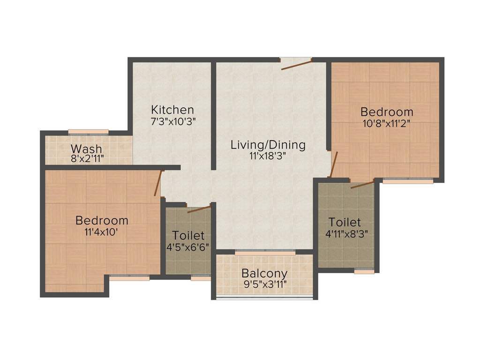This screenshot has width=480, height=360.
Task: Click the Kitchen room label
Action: coord(172,110)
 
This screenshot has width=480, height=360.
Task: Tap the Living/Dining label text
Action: coord(268,145)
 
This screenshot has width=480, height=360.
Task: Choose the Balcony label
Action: coord(264,273)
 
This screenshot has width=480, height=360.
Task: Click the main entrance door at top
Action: coord(297,64)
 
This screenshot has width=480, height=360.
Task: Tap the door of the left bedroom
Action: coord(158,182)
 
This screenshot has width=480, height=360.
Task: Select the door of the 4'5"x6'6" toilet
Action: coord(199,209)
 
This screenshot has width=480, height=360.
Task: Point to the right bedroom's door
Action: coord(333,164)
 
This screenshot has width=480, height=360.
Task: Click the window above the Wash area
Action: coord(88,132)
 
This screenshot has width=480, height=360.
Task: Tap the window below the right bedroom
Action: coord(407,180)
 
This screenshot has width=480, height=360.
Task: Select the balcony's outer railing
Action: coord(264,298)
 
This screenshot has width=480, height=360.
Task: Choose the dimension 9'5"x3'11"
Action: coord(264,284)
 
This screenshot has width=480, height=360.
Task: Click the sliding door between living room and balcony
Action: coord(265,252)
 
